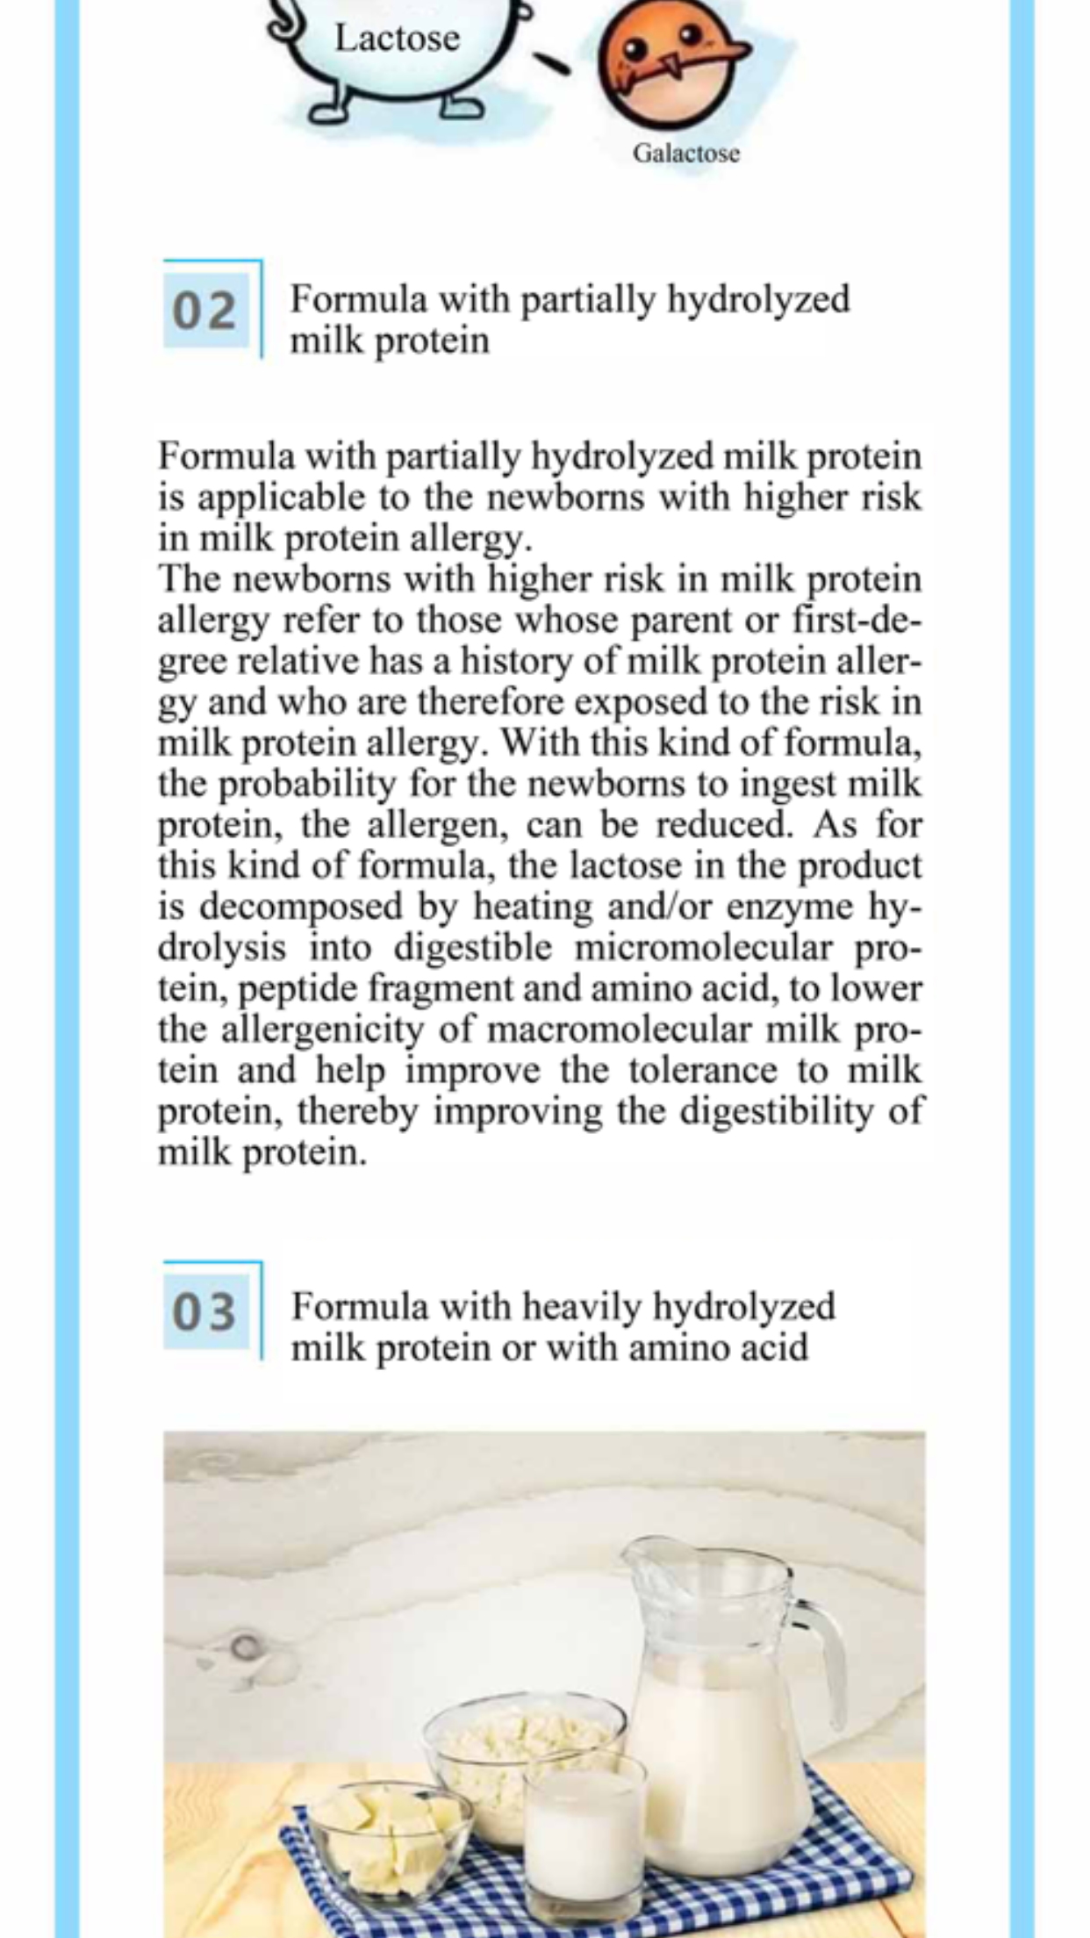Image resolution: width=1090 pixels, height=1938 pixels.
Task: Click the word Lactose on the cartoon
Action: pos(398,39)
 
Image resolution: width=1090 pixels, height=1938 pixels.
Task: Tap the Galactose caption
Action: pos(685,154)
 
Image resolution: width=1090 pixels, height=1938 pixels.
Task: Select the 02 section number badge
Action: pos(204,312)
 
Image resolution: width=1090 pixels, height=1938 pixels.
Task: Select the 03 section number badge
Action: pos(204,1312)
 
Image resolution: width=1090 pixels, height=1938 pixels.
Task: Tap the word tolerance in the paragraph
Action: pos(702,1071)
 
